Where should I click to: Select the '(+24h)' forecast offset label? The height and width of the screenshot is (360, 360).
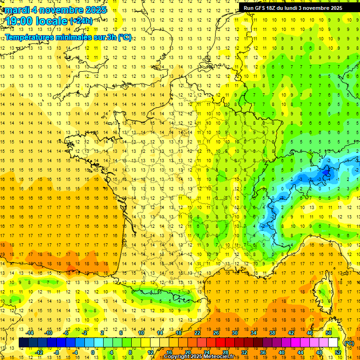pos(81,21)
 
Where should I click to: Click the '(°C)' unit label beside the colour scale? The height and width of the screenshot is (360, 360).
pos(349,343)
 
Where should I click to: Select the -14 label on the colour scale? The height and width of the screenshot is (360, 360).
pos(30,333)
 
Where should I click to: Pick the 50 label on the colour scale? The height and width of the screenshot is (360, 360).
pos(328,333)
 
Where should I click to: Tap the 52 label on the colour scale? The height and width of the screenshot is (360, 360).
pos(337,352)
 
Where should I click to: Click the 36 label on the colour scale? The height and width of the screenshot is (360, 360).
pos(262,352)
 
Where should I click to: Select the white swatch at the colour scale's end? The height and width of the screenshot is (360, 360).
pos(333,343)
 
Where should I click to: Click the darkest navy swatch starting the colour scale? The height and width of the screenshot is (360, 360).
pos(23,343)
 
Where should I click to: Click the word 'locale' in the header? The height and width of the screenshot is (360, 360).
pos(52,21)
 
